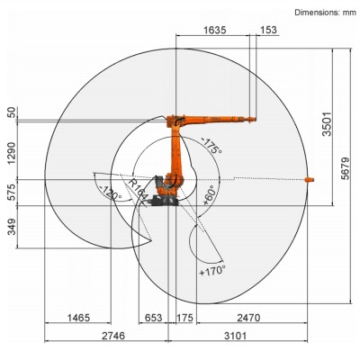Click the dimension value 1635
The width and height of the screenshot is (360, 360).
(213, 30)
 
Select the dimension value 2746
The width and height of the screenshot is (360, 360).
(112, 337)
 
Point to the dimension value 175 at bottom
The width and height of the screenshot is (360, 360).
(185, 318)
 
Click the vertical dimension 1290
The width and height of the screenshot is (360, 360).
(11, 148)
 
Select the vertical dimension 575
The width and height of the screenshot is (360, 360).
(11, 193)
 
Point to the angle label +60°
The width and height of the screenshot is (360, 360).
(209, 194)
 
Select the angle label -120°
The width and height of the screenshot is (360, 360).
(111, 192)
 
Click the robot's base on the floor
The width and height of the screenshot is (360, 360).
(166, 202)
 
